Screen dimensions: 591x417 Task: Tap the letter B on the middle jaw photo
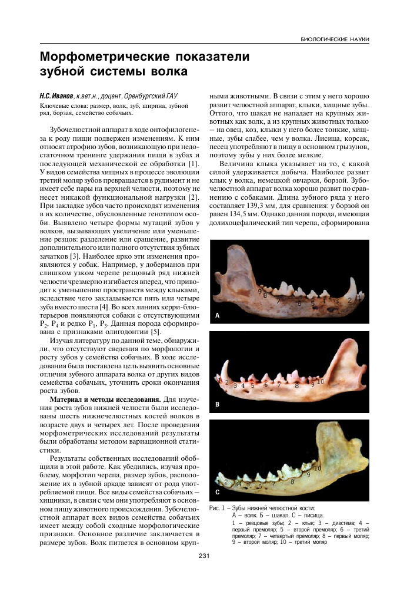click(x=217, y=404)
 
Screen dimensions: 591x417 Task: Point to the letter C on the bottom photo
click(x=217, y=491)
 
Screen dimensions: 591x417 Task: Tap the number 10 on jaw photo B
click(x=321, y=381)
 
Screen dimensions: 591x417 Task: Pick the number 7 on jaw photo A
click(x=277, y=300)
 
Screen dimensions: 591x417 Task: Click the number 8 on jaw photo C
click(x=292, y=481)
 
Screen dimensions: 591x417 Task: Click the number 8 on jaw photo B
click(x=296, y=386)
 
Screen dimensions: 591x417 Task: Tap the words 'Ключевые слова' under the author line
click(x=56, y=106)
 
